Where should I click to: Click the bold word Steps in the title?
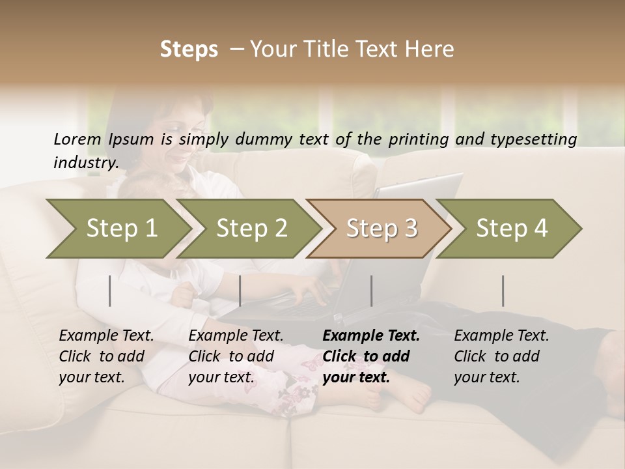click(x=189, y=50)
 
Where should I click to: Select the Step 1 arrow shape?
click(x=117, y=229)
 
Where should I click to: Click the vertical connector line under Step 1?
click(x=110, y=291)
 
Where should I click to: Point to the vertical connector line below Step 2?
click(x=240, y=291)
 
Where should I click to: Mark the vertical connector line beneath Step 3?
click(x=372, y=291)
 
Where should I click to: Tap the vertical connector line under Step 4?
click(x=503, y=291)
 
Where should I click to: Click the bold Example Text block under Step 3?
click(x=371, y=356)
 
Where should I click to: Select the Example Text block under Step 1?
click(x=106, y=356)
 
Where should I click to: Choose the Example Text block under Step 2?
click(x=236, y=356)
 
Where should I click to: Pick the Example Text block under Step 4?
click(x=501, y=356)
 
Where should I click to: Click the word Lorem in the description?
click(x=77, y=139)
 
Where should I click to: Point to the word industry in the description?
click(x=85, y=163)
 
